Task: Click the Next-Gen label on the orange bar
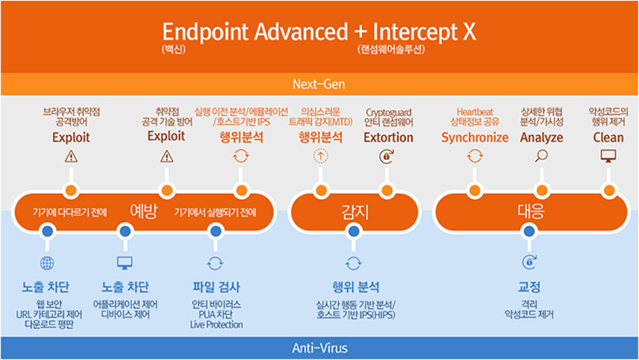319,85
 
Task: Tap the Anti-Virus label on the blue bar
319,348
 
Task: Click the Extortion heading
388,137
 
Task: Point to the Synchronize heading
474,137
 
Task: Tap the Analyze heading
541,137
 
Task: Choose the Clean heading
608,137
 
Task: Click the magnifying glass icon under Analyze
541,156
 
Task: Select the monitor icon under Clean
608,156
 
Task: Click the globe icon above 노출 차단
47,264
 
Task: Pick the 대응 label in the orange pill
529,211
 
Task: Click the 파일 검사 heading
216,287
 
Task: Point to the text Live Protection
216,325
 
